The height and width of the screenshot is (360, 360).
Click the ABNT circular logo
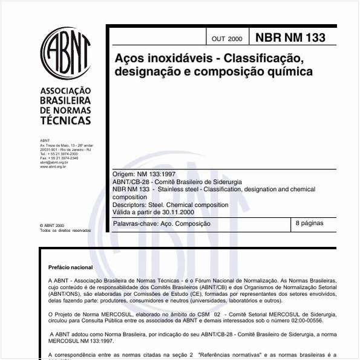point(65,51)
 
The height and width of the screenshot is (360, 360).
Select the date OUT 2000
point(227,39)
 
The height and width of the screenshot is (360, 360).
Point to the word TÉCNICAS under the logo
point(65,120)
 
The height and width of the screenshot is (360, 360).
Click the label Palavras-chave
point(135,224)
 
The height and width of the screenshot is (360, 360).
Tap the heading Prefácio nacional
point(71,267)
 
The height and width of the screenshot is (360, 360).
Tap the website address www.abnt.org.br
point(53,166)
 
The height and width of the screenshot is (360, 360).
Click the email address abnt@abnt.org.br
point(54,162)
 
